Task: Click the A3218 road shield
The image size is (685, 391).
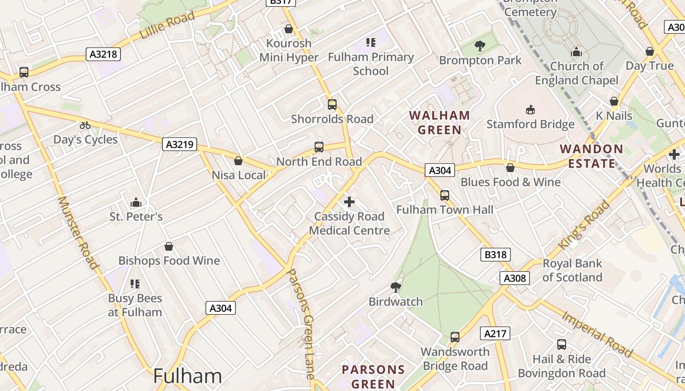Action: click(104, 54)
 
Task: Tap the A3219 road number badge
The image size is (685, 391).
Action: click(180, 144)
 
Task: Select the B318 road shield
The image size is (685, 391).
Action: click(495, 255)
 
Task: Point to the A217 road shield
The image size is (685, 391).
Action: click(495, 334)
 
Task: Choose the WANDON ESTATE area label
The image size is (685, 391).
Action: click(591, 156)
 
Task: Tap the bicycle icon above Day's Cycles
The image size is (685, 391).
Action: click(85, 125)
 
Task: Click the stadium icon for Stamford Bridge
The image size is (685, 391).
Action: click(530, 109)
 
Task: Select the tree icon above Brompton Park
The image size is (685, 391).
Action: click(479, 46)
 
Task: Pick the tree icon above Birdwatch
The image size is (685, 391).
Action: click(395, 287)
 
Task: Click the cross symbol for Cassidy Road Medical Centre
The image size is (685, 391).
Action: click(349, 201)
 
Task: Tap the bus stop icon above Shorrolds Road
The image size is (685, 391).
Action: click(332, 104)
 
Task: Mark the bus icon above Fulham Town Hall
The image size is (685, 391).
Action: click(444, 195)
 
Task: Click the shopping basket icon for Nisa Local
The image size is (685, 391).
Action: click(238, 160)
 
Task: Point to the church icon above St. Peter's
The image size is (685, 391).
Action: click(136, 202)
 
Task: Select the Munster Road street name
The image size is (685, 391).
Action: click(78, 232)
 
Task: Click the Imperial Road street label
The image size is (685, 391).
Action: click(597, 334)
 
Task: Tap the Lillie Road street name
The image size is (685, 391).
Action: click(167, 25)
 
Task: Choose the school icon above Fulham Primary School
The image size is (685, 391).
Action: click(370, 43)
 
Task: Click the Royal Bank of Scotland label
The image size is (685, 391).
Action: click(572, 270)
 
